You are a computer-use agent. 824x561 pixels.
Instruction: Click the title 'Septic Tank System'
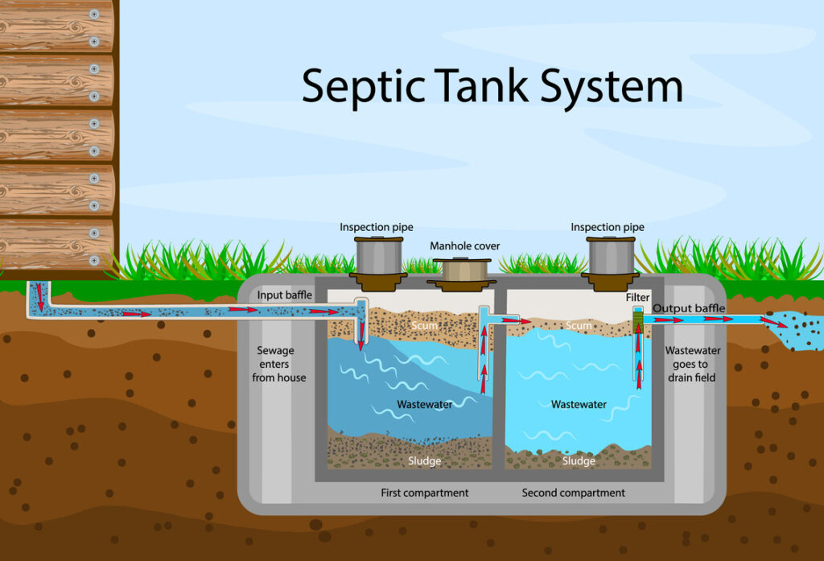pos(492,85)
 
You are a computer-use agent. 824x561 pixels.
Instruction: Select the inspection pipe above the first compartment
pos(377,256)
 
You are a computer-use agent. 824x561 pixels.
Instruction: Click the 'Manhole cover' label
pos(464,245)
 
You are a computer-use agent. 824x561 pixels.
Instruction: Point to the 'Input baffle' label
pos(284,295)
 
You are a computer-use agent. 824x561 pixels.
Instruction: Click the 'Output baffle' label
pos(689,308)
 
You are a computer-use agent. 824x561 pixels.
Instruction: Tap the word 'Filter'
pos(637,298)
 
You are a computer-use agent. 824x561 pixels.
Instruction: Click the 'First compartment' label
pos(424,493)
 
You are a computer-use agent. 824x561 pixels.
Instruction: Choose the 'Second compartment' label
pos(573,493)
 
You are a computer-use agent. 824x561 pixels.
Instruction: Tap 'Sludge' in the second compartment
pos(579,461)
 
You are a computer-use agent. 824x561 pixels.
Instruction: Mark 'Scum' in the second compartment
pos(578,326)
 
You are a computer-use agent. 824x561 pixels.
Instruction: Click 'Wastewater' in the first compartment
pos(424,404)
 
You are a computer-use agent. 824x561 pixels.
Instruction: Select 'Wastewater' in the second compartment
pos(579,404)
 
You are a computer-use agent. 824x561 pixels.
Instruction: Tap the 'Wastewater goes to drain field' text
pos(692,364)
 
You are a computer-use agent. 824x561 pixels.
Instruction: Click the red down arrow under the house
pos(37,299)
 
